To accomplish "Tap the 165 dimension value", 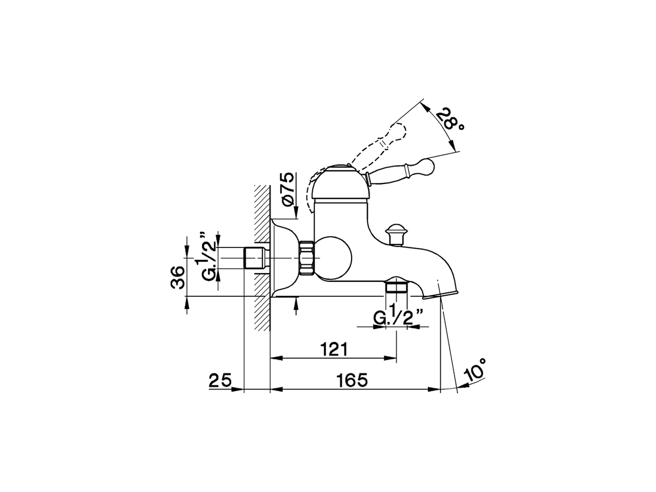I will pos(353,380).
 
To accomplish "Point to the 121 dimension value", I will pos(334,350).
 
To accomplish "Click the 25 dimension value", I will pos(221,380).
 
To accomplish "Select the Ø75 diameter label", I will pos(289,189).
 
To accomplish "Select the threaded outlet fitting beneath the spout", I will pos(396,285).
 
